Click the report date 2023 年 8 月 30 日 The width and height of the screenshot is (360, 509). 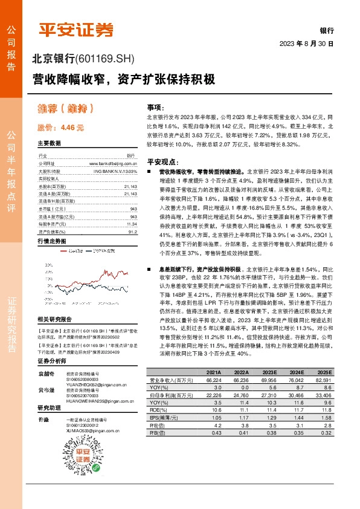pos(306,44)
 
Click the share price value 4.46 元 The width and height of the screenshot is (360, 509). pos(60,128)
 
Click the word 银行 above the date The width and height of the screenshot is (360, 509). pos(327,30)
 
